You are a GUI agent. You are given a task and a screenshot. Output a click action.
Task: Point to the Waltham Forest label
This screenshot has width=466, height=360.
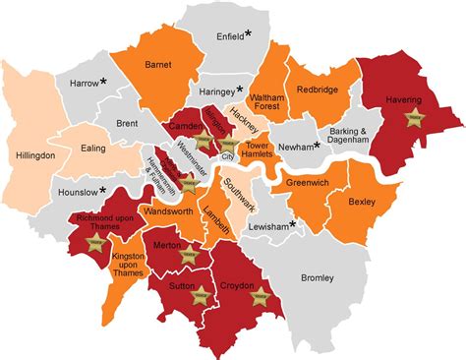(x=267, y=105)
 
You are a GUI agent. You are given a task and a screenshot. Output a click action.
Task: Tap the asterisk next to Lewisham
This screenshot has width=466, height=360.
(x=293, y=224)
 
